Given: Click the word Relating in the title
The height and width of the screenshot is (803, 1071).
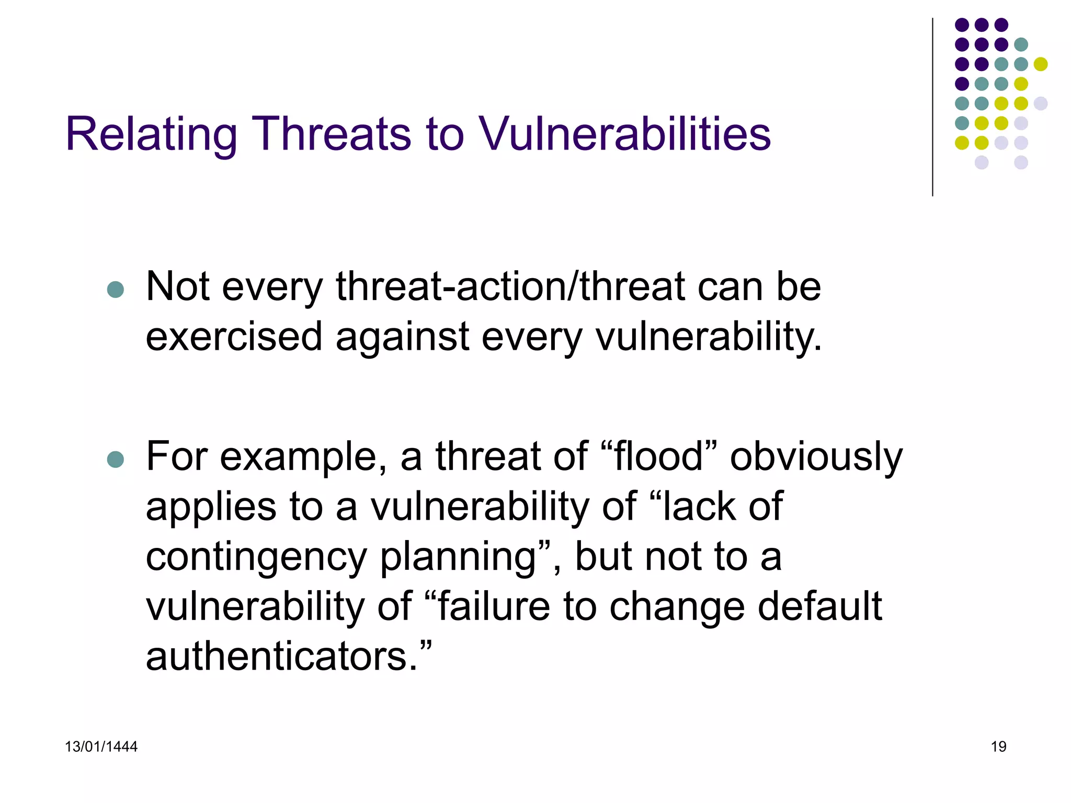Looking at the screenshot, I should point(151,135).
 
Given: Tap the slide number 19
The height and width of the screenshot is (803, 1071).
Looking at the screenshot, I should point(998,747).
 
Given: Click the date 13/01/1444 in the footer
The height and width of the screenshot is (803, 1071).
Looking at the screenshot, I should point(101,747).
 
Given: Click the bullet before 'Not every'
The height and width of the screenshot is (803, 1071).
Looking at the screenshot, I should point(115,290).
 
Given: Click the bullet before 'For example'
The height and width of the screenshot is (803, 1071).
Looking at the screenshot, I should point(115,460).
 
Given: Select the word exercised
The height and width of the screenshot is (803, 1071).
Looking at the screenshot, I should point(234,337).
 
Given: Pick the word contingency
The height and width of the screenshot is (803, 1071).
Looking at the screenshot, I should point(256,557).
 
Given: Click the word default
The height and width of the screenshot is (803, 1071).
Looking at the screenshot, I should point(819,606).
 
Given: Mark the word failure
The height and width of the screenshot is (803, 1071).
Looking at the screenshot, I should point(494,606).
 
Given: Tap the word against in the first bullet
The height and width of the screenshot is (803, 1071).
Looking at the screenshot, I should point(402,338).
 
